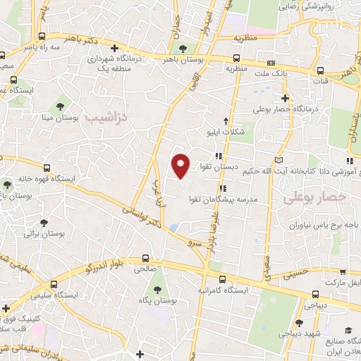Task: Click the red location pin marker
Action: click(182, 166)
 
